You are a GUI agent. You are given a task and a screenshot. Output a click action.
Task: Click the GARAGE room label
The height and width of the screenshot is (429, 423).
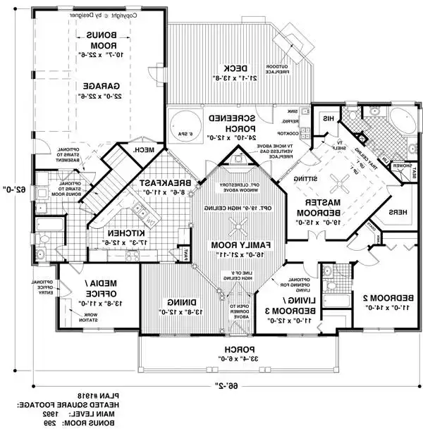point(98,84)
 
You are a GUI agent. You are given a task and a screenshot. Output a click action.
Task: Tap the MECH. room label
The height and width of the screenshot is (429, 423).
point(145,149)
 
